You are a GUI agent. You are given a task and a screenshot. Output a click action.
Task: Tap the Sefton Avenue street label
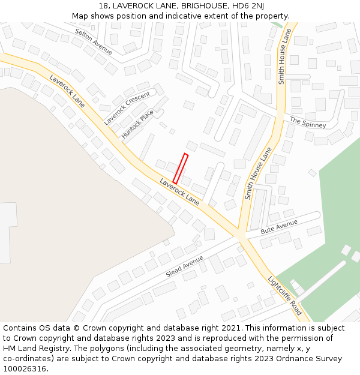[94, 41]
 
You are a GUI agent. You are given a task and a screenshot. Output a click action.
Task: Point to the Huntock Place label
[137, 124]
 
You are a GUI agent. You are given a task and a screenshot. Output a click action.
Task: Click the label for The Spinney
[308, 122]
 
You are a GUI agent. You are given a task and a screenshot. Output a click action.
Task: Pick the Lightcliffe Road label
[284, 295]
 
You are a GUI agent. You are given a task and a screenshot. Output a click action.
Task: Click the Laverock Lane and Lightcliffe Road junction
[242, 234]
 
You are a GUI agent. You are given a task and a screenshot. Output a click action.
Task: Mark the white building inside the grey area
[6, 233]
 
